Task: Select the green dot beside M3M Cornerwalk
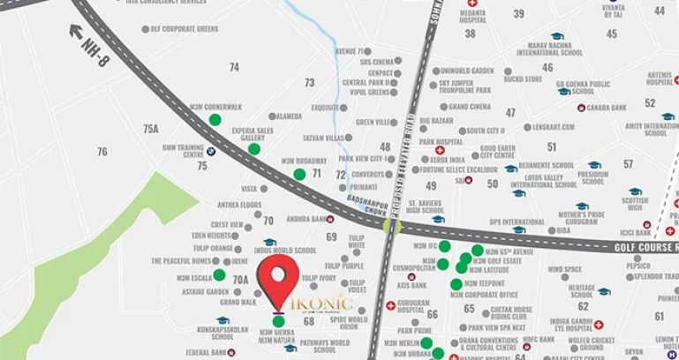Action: click(215, 119)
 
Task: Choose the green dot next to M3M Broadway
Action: click(299, 174)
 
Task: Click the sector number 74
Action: click(234, 67)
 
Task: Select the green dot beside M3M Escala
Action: click(219, 274)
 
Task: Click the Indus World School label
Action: click(284, 251)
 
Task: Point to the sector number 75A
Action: click(150, 129)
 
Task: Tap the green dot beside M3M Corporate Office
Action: click(456, 284)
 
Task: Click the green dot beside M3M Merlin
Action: click(426, 342)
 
